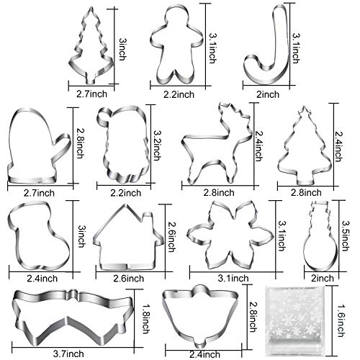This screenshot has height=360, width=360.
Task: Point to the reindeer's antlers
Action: [x=234, y=113]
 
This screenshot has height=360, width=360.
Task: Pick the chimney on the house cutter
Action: [x=148, y=218]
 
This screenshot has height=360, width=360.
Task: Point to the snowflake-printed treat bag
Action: [x=295, y=322]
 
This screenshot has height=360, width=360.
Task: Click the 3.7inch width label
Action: [x=68, y=354]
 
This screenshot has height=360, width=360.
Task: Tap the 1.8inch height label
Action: [x=145, y=319]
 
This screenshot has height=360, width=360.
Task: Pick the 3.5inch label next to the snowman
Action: [x=345, y=235]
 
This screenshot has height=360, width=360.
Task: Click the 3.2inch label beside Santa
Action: [x=157, y=145]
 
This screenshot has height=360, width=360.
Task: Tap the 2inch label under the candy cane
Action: [x=268, y=94]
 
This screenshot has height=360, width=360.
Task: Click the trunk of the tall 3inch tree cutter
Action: [x=91, y=80]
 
